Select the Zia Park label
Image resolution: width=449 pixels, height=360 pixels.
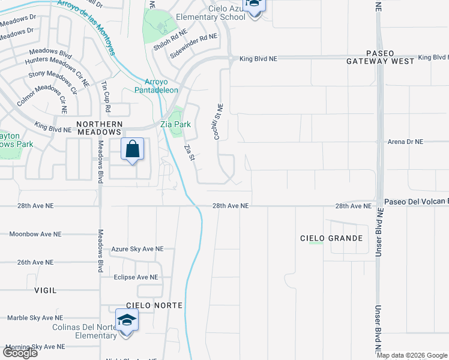tap(175, 124)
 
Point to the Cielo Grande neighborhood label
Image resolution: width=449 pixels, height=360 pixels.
tap(331, 238)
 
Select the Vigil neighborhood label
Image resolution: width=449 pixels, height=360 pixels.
tap(46, 290)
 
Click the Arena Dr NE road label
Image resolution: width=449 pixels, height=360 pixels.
tap(406, 142)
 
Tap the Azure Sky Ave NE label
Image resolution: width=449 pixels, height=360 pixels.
tap(137, 248)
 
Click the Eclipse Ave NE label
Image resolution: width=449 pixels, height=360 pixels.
tap(136, 277)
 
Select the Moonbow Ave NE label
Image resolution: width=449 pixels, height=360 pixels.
tap(35, 233)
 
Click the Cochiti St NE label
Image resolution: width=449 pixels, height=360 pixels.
tap(219, 122)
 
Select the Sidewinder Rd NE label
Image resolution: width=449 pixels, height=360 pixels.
tap(193, 37)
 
